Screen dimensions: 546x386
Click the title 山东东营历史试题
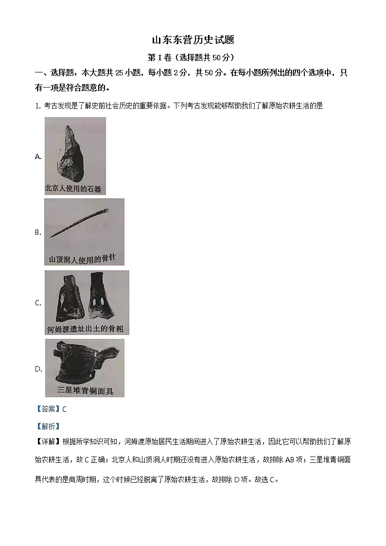pos(193,40)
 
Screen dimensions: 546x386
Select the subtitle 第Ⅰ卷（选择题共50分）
pos(193,57)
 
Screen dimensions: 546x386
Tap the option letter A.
pos(38,156)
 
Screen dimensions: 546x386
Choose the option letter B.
pos(38,232)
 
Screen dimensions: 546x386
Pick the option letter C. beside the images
pos(38,303)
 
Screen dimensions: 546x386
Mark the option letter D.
pos(38,369)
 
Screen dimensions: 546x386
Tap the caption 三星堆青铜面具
pos(85,390)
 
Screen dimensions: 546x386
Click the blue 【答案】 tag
pos(47,409)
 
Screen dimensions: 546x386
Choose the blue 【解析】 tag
pos(47,426)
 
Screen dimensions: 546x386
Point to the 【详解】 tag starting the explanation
pos(47,441)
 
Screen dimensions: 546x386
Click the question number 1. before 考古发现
pos(37,106)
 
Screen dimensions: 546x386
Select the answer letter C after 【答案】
pos(65,409)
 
